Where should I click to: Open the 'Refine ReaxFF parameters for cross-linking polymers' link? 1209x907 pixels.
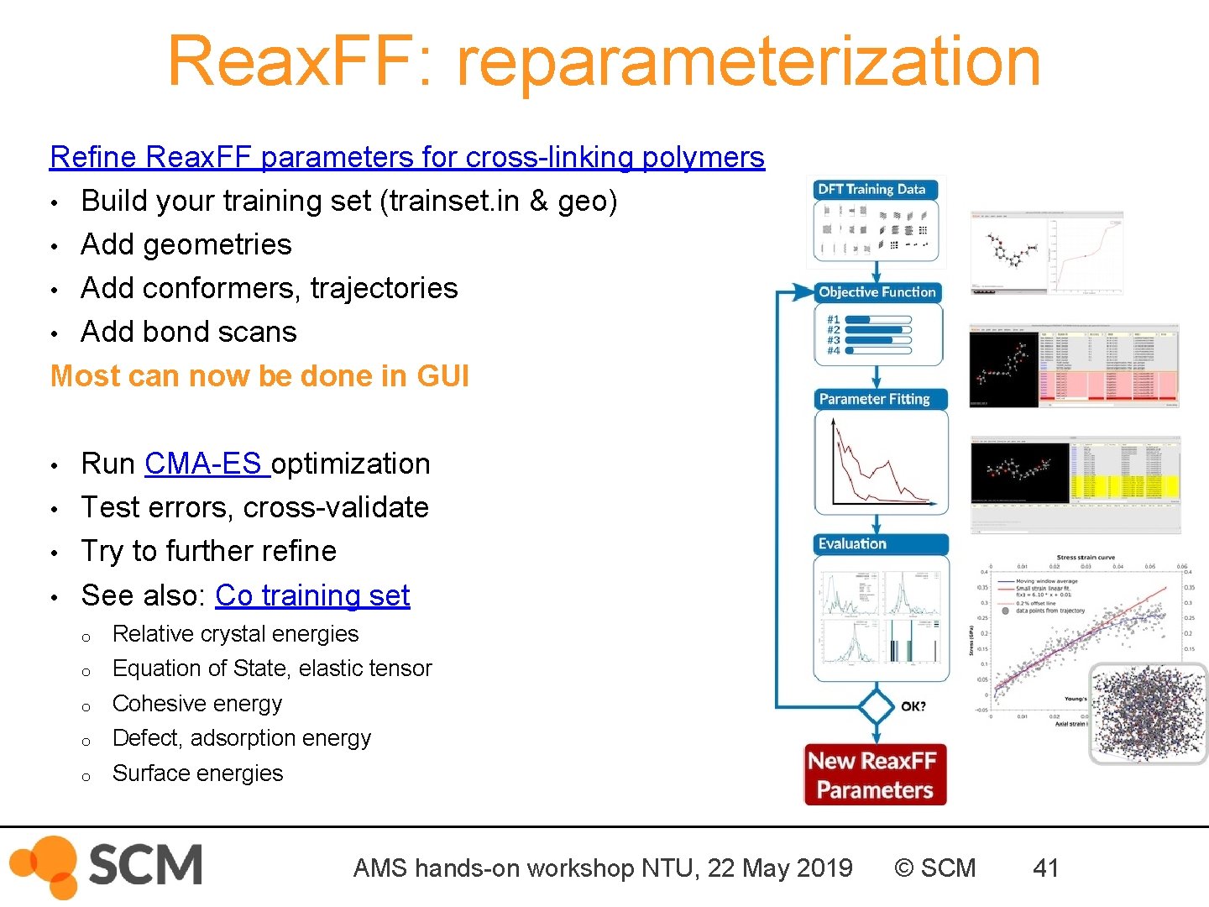pos(407,157)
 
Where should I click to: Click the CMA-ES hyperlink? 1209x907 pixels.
pos(205,464)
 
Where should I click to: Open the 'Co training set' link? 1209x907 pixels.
pos(312,595)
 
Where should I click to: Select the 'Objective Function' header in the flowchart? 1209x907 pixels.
pos(877,292)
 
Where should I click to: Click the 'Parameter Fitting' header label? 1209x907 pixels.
pos(875,399)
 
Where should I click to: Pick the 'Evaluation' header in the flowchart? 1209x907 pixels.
pos(853,543)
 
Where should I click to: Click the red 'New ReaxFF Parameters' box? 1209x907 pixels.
pos(875,775)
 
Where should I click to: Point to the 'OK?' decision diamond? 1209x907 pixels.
pos(877,706)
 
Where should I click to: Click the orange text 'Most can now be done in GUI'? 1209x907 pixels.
pos(259,376)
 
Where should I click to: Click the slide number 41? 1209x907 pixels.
pos(1046,868)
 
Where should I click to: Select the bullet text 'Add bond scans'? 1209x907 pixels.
pos(189,333)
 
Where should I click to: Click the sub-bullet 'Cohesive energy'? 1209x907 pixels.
pos(197,704)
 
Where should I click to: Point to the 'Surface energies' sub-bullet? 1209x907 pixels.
pos(198,773)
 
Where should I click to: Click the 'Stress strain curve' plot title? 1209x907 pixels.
pos(1086,558)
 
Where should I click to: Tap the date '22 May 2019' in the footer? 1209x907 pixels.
pos(780,868)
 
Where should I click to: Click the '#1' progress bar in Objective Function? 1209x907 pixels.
pos(878,320)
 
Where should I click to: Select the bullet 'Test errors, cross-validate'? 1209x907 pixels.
pos(255,507)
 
